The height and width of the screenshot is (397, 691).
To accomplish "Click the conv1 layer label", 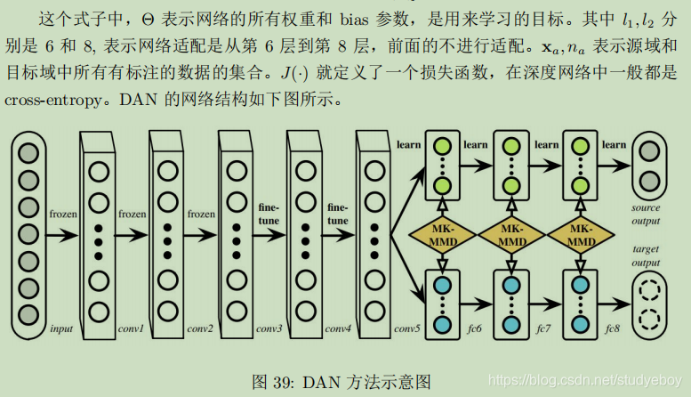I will point(131,329).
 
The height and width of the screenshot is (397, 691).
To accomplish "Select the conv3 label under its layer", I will point(269,329).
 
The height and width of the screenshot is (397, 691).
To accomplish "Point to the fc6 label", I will point(476,329).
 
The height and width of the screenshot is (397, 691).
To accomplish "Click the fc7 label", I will point(544,329).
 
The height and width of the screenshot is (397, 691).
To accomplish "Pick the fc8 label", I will point(613,329).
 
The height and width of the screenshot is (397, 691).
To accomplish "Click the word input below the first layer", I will point(61,329).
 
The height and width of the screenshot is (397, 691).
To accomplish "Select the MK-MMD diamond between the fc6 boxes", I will point(441,236).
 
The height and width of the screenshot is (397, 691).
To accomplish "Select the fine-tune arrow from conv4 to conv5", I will point(338,236).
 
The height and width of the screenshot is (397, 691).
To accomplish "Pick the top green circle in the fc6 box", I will point(441,145).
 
